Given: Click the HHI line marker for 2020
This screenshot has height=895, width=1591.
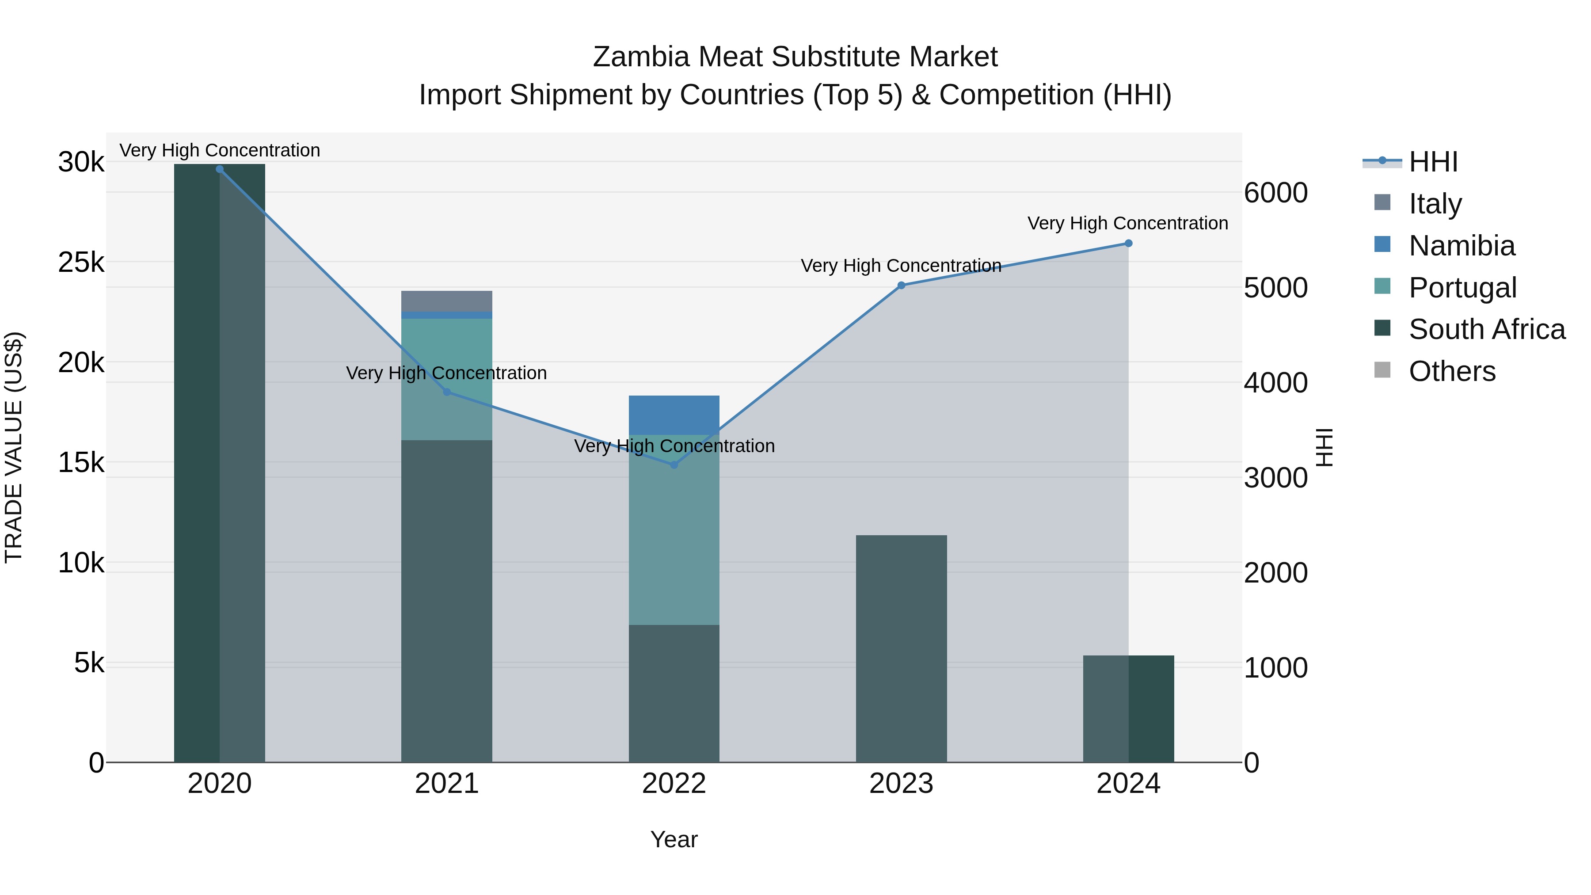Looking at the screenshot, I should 219,169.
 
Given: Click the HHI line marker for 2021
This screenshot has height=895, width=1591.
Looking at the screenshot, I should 446,392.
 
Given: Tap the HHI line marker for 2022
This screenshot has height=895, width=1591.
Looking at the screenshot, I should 674,465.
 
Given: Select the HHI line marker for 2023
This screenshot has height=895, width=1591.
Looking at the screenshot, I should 901,286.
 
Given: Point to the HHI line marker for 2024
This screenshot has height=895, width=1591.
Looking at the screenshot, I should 1128,244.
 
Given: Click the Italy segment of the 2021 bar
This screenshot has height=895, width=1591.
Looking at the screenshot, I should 446,301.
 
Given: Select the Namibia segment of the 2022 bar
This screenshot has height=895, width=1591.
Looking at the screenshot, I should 674,415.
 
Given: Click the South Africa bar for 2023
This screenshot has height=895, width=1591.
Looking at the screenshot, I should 901,648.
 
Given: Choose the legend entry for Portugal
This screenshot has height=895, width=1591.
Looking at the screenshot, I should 1462,288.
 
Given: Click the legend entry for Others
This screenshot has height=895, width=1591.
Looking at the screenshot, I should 1451,371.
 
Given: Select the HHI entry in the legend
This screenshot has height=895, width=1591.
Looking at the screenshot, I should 1433,162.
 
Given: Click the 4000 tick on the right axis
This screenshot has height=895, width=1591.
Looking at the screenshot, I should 1275,383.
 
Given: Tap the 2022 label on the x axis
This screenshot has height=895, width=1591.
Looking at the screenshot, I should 674,784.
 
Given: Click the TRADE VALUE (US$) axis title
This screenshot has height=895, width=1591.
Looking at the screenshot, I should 14,448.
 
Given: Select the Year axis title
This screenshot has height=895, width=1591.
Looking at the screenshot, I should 674,839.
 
